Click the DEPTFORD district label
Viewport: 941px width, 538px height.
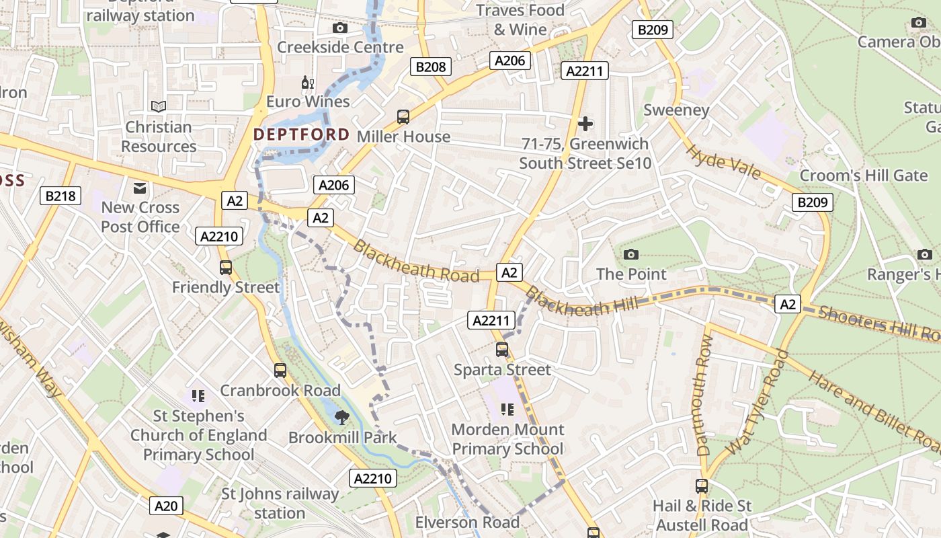301,134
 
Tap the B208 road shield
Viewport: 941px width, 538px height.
430,67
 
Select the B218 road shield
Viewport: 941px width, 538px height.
61,196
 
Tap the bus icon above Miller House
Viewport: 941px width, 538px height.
403,117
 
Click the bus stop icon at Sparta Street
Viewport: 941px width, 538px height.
502,350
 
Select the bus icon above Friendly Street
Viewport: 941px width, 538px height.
226,268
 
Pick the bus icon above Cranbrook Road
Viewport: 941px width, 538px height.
280,371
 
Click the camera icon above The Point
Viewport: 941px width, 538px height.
630,254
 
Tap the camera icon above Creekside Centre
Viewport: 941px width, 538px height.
340,28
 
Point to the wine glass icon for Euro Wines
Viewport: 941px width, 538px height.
308,83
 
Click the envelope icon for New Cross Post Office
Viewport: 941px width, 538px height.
140,188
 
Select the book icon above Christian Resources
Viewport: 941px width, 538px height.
159,106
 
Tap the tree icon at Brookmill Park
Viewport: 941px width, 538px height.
342,418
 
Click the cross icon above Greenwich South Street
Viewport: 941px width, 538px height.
585,124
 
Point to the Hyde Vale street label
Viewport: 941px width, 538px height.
723,162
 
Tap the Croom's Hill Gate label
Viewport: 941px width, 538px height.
863,176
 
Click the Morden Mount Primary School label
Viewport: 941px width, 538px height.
507,438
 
